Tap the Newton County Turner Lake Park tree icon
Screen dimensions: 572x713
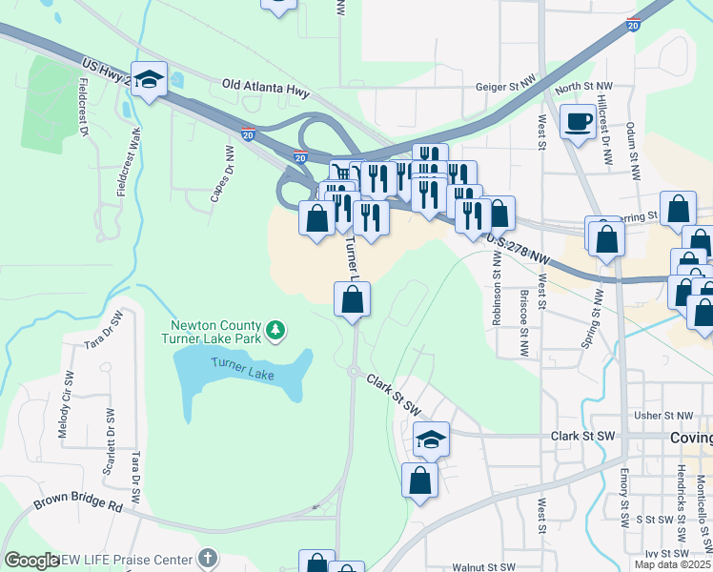[x=275, y=330]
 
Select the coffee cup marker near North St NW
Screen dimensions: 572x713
[x=577, y=122]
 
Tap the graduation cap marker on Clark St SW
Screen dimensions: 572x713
[x=432, y=439]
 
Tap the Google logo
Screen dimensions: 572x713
[x=31, y=561]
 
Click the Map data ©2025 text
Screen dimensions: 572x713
[x=673, y=564]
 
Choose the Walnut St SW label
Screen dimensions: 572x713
[x=485, y=566]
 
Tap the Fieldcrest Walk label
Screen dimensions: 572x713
[x=122, y=162]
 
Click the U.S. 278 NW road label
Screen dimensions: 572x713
[x=519, y=251]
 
